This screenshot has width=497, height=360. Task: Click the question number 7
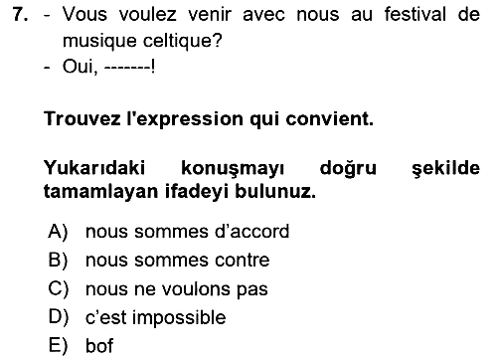20,15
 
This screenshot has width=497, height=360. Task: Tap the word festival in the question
415,15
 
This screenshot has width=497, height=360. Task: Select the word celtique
182,41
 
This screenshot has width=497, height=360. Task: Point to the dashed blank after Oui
128,68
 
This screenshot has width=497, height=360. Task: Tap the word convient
329,118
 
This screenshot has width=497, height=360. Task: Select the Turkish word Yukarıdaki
94,167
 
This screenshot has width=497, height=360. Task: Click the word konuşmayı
233,169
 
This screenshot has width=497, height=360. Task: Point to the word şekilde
445,168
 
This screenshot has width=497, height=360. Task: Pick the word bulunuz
275,191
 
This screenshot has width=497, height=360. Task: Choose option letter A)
58,231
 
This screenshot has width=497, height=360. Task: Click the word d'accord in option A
251,231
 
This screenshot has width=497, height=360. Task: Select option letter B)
59,260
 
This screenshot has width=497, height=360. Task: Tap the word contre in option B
243,261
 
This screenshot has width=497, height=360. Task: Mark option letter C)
59,288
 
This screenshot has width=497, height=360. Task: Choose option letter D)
59,317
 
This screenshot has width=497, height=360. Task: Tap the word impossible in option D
179,318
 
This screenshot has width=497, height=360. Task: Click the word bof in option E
99,346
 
